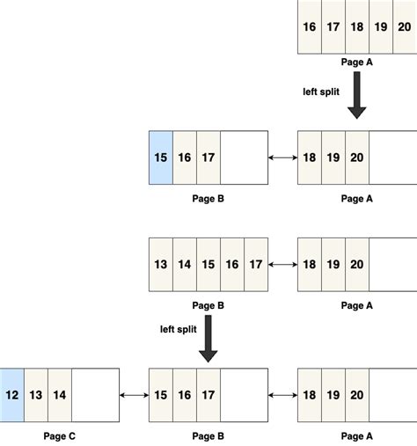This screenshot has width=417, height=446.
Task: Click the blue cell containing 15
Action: [x=161, y=158]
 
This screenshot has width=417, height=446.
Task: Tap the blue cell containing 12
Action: [x=12, y=395]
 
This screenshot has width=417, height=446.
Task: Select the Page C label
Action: [x=60, y=435]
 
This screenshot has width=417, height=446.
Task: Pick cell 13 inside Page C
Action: [x=36, y=395]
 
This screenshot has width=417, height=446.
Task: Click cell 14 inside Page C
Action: [x=60, y=395]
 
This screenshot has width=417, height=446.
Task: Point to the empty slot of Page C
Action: [x=95, y=395]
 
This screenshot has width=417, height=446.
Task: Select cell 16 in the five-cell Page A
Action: [x=310, y=27]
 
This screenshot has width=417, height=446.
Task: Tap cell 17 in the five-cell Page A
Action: [x=333, y=27]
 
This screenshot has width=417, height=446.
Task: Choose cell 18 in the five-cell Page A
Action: [x=357, y=27]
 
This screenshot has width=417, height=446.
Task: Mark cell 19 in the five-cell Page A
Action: [x=381, y=27]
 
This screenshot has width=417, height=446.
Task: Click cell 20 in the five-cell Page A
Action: [x=404, y=27]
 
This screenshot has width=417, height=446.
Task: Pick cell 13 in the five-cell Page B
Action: [x=161, y=264]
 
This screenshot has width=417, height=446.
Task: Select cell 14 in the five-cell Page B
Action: [x=185, y=264]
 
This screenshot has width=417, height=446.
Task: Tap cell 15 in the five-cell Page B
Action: [x=208, y=264]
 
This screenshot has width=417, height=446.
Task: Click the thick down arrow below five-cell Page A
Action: [x=357, y=97]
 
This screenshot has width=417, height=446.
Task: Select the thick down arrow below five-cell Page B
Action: [x=208, y=338]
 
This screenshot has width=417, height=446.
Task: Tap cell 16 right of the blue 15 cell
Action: [x=185, y=158]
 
